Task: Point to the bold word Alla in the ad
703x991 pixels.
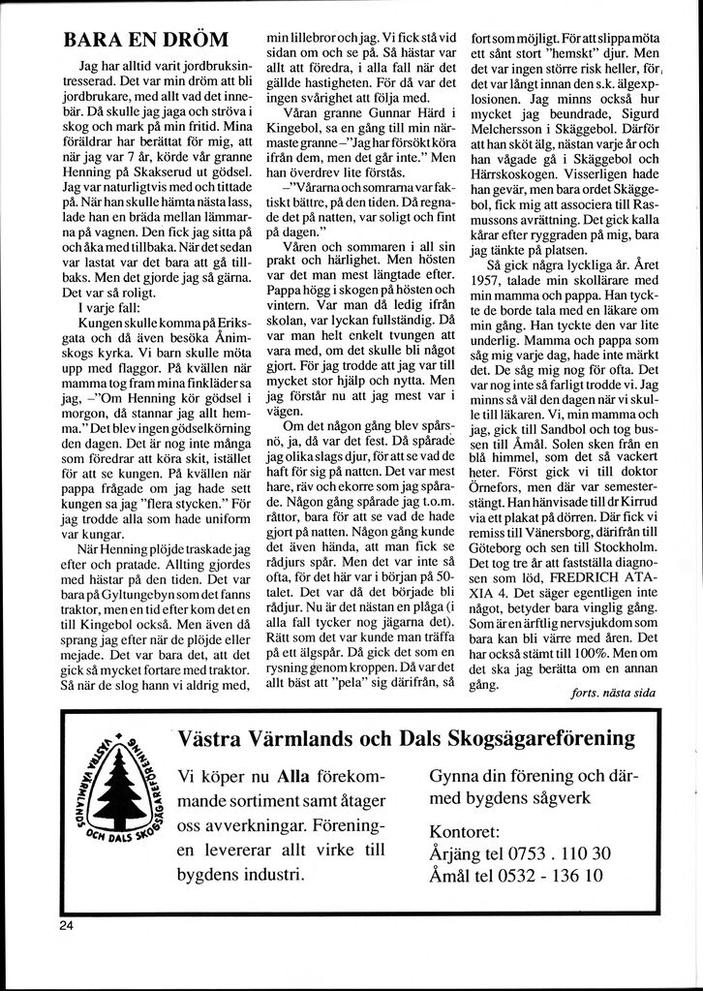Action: [293, 776]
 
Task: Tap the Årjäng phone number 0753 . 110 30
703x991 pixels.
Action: [555, 853]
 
